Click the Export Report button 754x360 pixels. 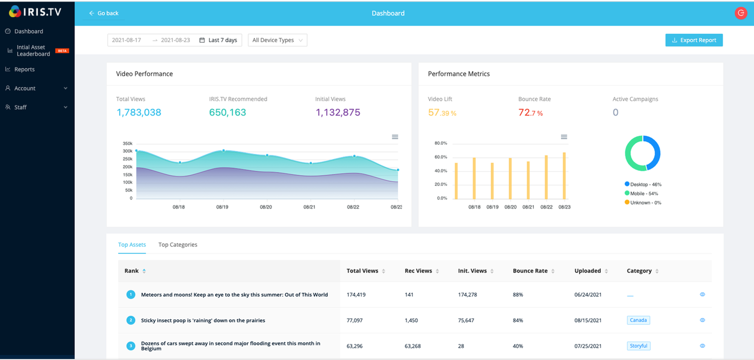(694, 40)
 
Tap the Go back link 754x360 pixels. (104, 13)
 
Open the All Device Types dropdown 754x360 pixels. (277, 40)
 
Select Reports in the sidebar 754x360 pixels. (24, 69)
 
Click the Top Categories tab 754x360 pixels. (178, 244)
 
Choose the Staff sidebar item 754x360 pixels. (20, 107)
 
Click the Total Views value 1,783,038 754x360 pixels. (139, 112)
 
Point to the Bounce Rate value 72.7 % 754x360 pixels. (530, 113)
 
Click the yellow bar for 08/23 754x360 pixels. (564, 175)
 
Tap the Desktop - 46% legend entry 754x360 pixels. (643, 184)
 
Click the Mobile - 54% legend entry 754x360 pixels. (641, 193)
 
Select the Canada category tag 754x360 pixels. (638, 320)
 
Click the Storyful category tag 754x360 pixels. (638, 346)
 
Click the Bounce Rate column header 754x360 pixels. (530, 271)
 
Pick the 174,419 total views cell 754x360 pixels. (356, 295)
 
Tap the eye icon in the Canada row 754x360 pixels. (702, 320)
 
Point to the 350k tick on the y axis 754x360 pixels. (128, 143)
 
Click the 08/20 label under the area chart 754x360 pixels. (266, 207)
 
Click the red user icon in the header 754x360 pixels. (740, 13)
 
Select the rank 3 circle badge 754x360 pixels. (131, 346)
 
